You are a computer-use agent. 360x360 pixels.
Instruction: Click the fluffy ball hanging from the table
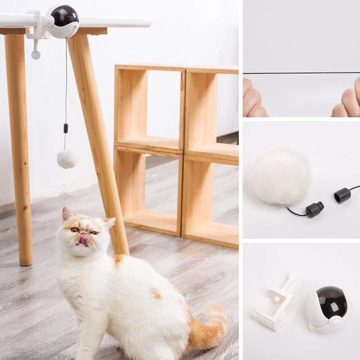coord(67,159)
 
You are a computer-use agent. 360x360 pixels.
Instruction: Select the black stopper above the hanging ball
coord(66,128)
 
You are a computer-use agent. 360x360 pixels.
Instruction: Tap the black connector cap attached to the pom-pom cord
coord(314,209)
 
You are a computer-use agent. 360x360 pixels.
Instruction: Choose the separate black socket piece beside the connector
coord(342,195)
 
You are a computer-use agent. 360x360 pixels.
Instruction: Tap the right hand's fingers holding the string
coord(348,101)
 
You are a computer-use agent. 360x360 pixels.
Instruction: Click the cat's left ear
coord(67,215)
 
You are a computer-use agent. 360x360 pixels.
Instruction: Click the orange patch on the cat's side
coord(156,294)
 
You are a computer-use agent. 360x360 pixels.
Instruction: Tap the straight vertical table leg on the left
coord(19,148)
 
